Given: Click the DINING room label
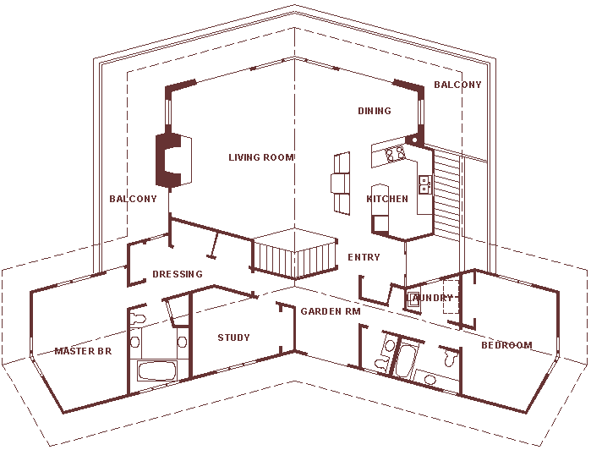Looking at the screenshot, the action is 375,111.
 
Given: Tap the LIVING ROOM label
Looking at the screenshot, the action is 261,157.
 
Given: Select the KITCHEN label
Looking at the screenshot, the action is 387,199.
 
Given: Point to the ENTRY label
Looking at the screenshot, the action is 364,257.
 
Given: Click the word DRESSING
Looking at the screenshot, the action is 178,274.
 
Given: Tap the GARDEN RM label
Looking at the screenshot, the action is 331,311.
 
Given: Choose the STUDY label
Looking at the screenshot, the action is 233,337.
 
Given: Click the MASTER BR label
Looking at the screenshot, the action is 84,351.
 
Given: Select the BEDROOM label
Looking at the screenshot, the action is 507,345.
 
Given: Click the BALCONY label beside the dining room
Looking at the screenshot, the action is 457,85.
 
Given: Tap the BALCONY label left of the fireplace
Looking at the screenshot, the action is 133,199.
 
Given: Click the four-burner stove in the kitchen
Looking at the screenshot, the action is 396,153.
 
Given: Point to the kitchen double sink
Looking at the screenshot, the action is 424,184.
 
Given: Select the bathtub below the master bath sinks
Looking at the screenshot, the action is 157,370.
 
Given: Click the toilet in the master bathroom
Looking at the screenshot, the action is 137,319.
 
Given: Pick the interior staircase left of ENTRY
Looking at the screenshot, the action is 295,254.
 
